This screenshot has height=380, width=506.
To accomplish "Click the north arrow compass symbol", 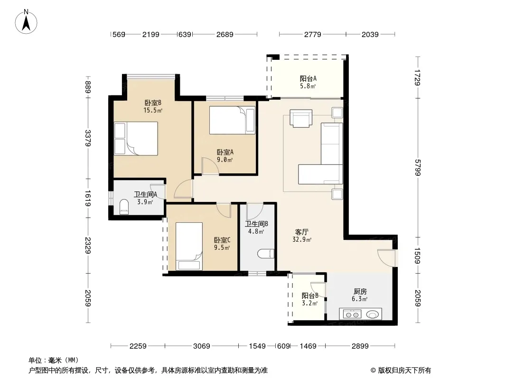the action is point(26,22).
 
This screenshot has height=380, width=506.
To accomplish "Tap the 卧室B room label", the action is point(153,103).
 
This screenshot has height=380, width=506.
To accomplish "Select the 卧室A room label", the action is point(225,152).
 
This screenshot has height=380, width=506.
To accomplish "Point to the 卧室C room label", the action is point(222,240).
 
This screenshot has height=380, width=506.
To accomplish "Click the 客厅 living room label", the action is point(302,232).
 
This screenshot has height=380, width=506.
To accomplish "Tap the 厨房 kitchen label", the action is point(360,292).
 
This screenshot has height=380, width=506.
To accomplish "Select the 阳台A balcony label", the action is point(308,78).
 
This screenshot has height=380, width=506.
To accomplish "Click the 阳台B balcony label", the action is point(310,295).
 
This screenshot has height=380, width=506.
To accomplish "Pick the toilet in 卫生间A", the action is point(124,207).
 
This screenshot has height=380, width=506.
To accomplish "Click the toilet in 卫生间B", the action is point(266,254).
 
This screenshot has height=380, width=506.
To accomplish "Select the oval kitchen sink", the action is point(372,314).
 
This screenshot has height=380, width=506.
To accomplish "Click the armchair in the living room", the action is point(301,118).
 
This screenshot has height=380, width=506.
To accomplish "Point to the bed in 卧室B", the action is point(136,139).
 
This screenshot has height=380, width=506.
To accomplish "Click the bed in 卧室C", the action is point(189,247).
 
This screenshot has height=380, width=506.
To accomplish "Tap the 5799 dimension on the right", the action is point(418,168).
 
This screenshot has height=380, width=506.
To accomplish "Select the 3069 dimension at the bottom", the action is point(202,346).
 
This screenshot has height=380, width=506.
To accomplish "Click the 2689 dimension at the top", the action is point(225,34).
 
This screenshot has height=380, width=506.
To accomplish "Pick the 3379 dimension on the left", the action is point(88,138).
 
